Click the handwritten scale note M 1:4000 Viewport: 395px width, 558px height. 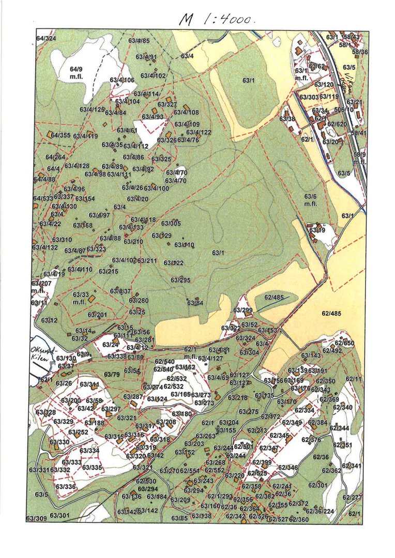218,19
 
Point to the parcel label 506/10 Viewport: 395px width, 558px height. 343,110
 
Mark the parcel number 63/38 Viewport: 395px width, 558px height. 287,119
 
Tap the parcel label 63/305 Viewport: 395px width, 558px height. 171,223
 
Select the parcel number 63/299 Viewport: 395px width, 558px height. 243,310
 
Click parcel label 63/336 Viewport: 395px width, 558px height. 66,486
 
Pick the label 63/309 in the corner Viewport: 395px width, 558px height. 36,517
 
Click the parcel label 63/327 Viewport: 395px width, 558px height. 168,104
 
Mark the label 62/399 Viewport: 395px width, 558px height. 262,462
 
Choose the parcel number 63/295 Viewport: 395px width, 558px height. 181,280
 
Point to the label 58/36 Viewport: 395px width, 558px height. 360,52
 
